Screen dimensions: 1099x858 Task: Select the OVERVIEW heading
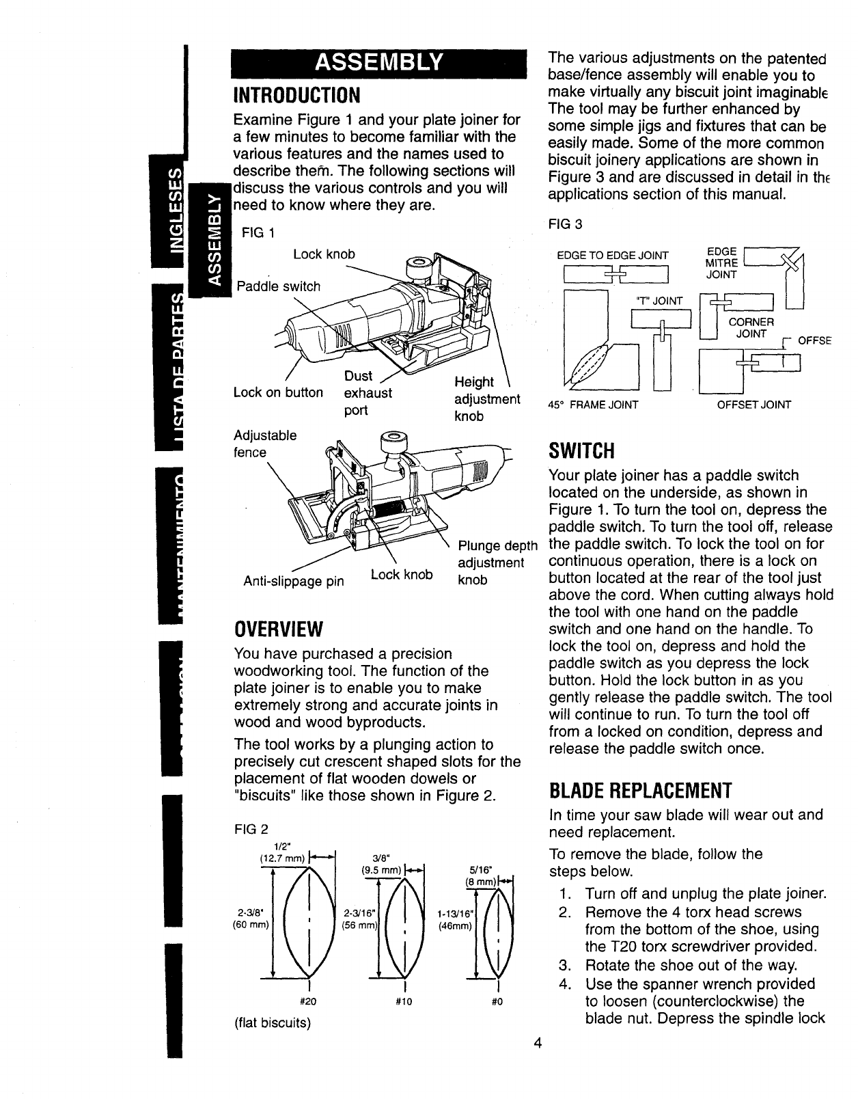tap(277, 627)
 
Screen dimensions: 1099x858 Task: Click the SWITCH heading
tap(582, 452)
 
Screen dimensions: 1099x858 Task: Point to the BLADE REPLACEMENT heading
tap(641, 791)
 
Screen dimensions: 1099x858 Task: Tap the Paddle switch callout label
tap(278, 286)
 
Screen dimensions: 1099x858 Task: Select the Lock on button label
tap(277, 392)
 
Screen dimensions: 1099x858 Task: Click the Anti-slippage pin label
tap(294, 582)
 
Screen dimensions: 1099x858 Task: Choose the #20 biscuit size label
tap(311, 1002)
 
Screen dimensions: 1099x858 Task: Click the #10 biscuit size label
tap(406, 1002)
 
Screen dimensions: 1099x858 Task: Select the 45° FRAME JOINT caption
tap(594, 405)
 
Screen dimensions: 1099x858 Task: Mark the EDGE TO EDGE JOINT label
tap(613, 256)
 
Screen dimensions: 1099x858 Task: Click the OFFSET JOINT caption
tap(753, 405)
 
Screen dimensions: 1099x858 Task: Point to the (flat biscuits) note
tap(272, 1023)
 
